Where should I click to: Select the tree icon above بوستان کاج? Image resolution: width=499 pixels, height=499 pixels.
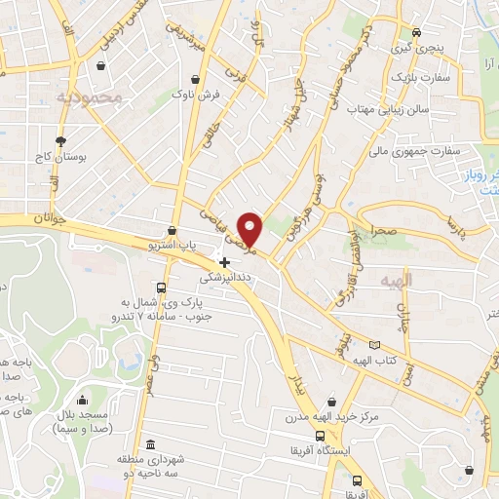point(60,140)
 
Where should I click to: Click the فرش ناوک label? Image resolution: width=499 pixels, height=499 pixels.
point(196,95)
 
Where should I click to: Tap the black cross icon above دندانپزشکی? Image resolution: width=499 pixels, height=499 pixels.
point(225,261)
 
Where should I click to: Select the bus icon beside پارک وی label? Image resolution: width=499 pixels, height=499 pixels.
point(161,288)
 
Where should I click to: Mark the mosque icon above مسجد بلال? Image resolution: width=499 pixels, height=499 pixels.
point(80,400)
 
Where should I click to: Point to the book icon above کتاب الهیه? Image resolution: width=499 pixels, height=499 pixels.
point(374,345)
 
